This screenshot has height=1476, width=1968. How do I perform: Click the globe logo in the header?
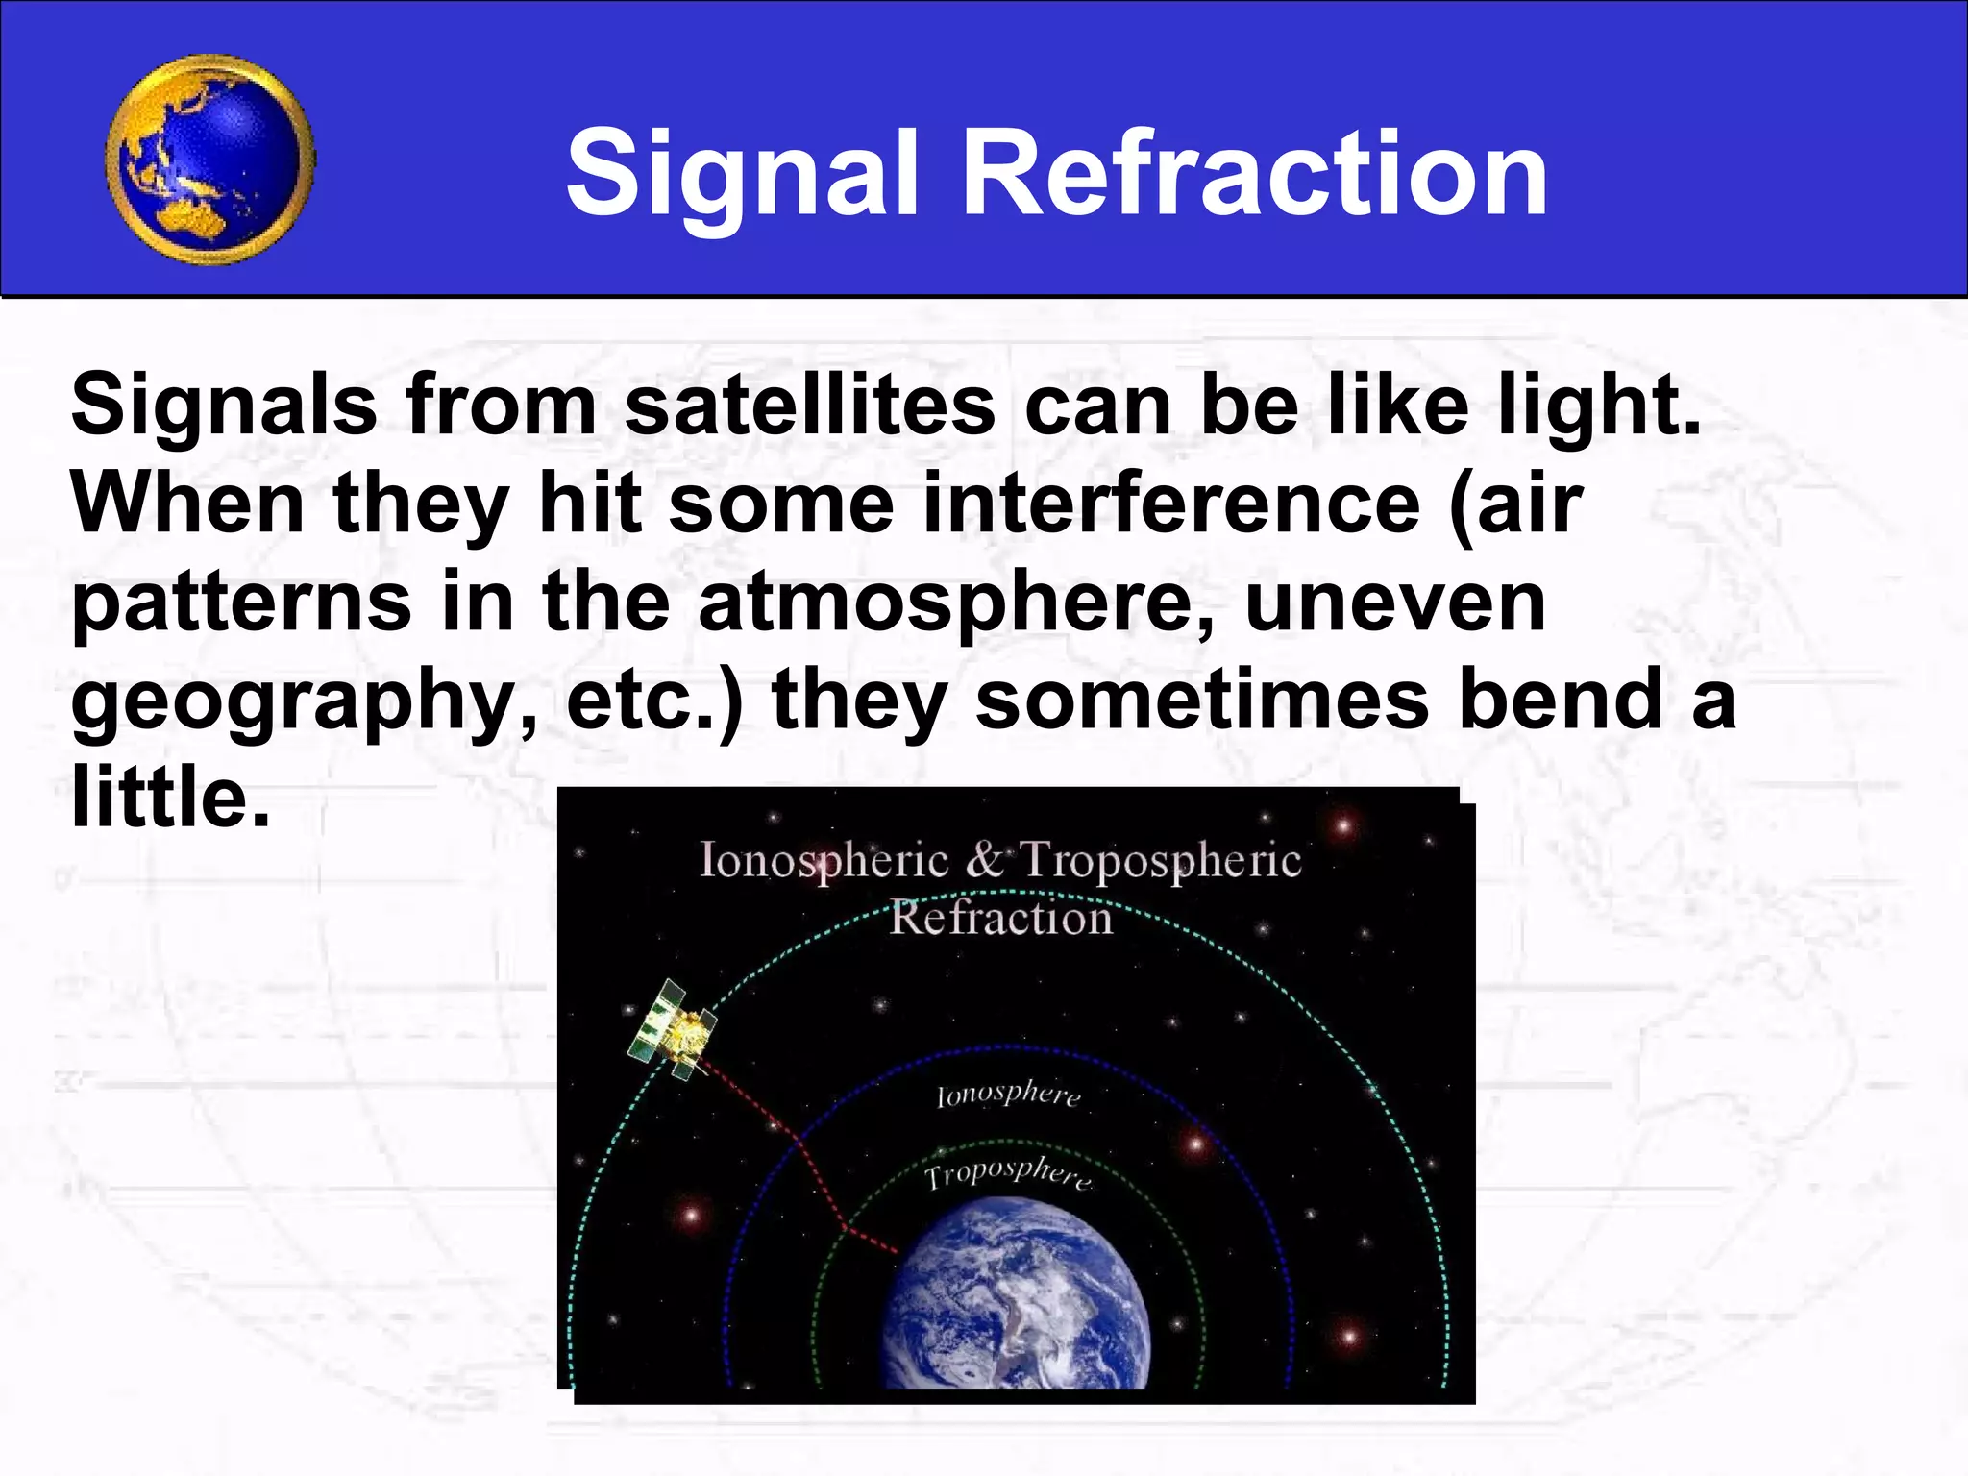tap(209, 160)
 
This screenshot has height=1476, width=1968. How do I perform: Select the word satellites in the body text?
tap(810, 406)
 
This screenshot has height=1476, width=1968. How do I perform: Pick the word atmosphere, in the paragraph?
tap(957, 603)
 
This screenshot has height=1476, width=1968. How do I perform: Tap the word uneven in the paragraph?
tap(1395, 603)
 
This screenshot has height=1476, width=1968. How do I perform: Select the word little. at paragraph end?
tap(170, 797)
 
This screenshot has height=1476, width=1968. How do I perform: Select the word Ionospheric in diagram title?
tap(824, 860)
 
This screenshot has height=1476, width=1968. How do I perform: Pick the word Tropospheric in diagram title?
tap(1160, 860)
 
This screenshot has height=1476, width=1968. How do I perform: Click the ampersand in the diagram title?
tap(984, 860)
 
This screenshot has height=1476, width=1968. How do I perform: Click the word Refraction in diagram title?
tap(1000, 919)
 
